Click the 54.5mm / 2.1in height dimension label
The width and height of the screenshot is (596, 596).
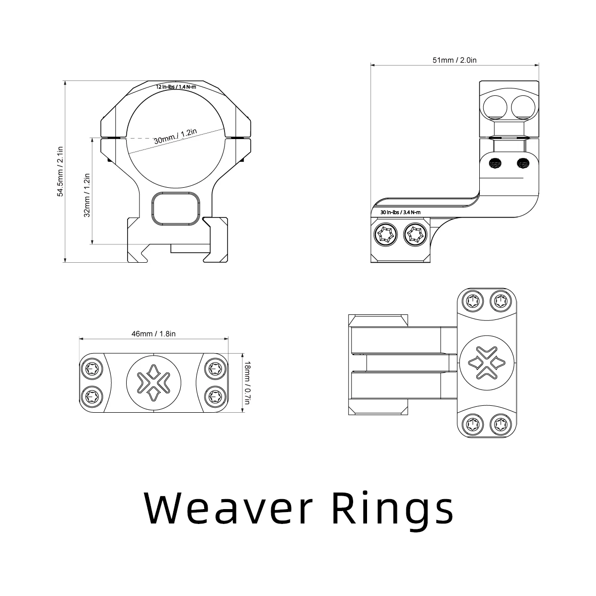[x=60, y=171]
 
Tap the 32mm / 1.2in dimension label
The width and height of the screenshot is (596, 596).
[x=86, y=195]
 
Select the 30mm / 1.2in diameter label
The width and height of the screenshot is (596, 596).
[x=175, y=136]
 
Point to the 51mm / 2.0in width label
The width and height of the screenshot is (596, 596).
[x=454, y=60]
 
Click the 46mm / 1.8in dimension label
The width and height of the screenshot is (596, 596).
[x=153, y=334]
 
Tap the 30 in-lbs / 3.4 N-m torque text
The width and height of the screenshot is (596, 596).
[x=400, y=213]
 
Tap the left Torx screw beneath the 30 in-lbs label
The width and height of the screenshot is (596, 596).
[x=386, y=234]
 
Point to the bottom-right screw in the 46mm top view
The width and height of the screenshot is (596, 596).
[x=215, y=396]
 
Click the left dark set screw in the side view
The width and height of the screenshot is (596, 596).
[x=495, y=162]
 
